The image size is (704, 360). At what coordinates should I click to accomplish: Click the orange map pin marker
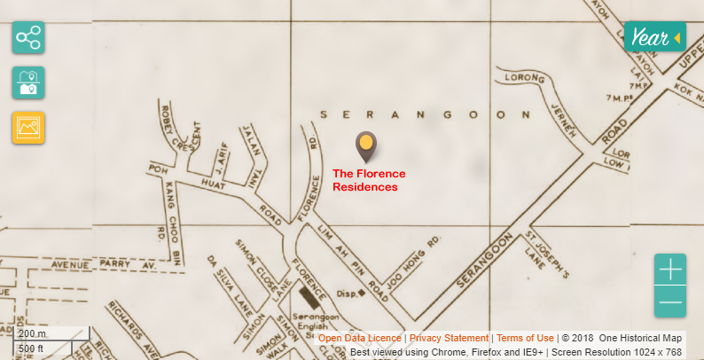(x=365, y=145)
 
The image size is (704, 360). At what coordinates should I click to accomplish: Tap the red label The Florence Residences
(x=368, y=180)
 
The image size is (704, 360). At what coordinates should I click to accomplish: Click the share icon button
(x=28, y=38)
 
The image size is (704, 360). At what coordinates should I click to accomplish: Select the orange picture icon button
(x=28, y=128)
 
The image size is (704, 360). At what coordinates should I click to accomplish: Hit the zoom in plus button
(x=670, y=269)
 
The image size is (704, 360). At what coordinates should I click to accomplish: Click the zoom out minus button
(x=670, y=302)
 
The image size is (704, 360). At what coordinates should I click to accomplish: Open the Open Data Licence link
(x=359, y=338)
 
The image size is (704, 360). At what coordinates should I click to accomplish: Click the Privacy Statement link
(x=449, y=338)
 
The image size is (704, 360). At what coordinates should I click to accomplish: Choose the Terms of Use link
(x=525, y=338)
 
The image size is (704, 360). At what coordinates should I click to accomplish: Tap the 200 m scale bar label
(x=33, y=333)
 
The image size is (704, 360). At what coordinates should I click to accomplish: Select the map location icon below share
(x=28, y=82)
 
